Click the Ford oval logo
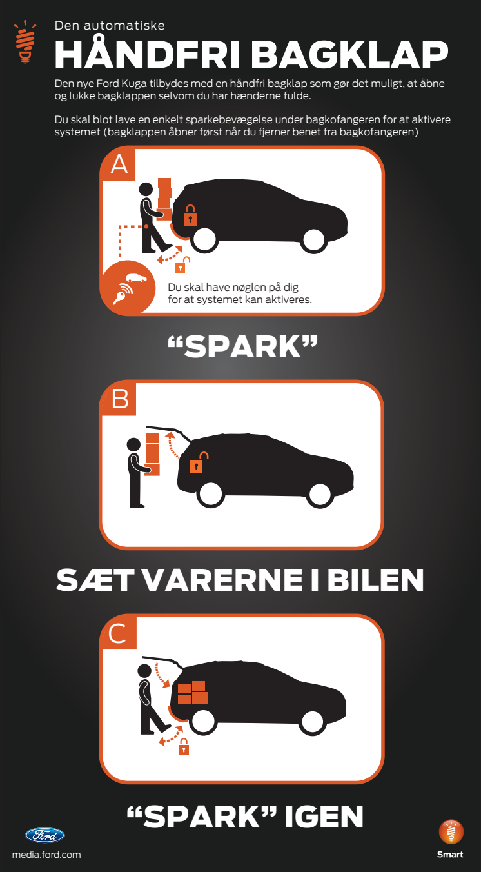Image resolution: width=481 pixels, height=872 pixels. click(x=45, y=835)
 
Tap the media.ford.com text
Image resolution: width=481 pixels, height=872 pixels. click(x=46, y=855)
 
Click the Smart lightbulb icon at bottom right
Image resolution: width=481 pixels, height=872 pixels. click(x=451, y=832)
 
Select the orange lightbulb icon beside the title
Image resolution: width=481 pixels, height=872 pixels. click(x=25, y=42)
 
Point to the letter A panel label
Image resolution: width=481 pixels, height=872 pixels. click(x=119, y=165)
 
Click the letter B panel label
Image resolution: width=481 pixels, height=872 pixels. click(x=120, y=399)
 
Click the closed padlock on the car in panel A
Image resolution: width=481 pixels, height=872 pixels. click(x=190, y=215)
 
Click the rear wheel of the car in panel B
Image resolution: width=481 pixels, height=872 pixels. click(x=211, y=495)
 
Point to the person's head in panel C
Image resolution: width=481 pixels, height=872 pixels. click(x=144, y=671)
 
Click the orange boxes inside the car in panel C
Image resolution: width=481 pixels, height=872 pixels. click(x=193, y=693)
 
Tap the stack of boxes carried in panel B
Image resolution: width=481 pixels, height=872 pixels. click(x=152, y=454)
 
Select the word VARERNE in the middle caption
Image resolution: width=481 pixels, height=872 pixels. click(x=222, y=580)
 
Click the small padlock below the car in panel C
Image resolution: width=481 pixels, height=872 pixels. click(x=184, y=747)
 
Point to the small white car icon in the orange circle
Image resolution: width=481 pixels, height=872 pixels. click(x=136, y=278)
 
